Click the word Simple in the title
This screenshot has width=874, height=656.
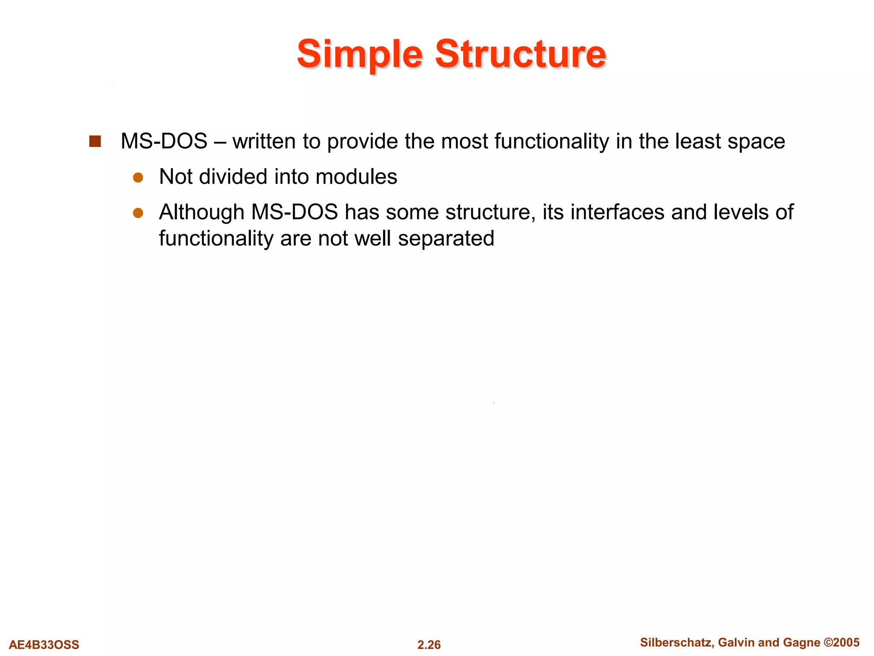coord(360,55)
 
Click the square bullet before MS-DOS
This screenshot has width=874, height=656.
coord(95,141)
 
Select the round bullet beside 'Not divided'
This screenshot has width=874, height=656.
coord(138,177)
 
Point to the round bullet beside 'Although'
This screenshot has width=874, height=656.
coord(138,213)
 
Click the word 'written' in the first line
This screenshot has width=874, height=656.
coord(264,141)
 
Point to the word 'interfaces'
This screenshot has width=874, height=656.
coord(617,212)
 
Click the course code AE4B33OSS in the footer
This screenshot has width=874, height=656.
coord(44,644)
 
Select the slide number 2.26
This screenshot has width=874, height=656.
coord(429,644)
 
